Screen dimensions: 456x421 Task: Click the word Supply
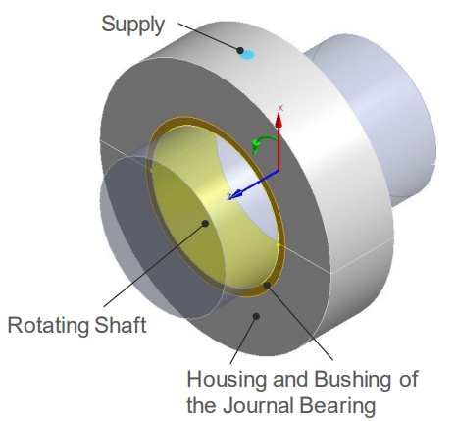(132, 25)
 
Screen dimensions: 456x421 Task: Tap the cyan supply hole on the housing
(247, 55)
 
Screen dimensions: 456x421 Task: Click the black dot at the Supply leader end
(240, 51)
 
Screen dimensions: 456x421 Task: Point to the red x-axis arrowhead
(279, 120)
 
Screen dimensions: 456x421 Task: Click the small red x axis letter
(280, 108)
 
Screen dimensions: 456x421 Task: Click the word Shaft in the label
(121, 325)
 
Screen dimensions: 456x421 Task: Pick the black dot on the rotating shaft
(205, 224)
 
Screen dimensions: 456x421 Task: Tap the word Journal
(259, 406)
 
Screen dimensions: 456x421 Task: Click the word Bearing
(337, 406)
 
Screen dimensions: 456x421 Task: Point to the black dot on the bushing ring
(267, 285)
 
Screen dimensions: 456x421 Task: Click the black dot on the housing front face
(257, 316)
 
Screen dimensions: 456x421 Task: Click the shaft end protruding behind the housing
(384, 121)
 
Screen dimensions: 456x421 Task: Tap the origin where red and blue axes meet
(279, 171)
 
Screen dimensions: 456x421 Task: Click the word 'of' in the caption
(408, 380)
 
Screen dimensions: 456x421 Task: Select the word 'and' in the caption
(290, 380)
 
